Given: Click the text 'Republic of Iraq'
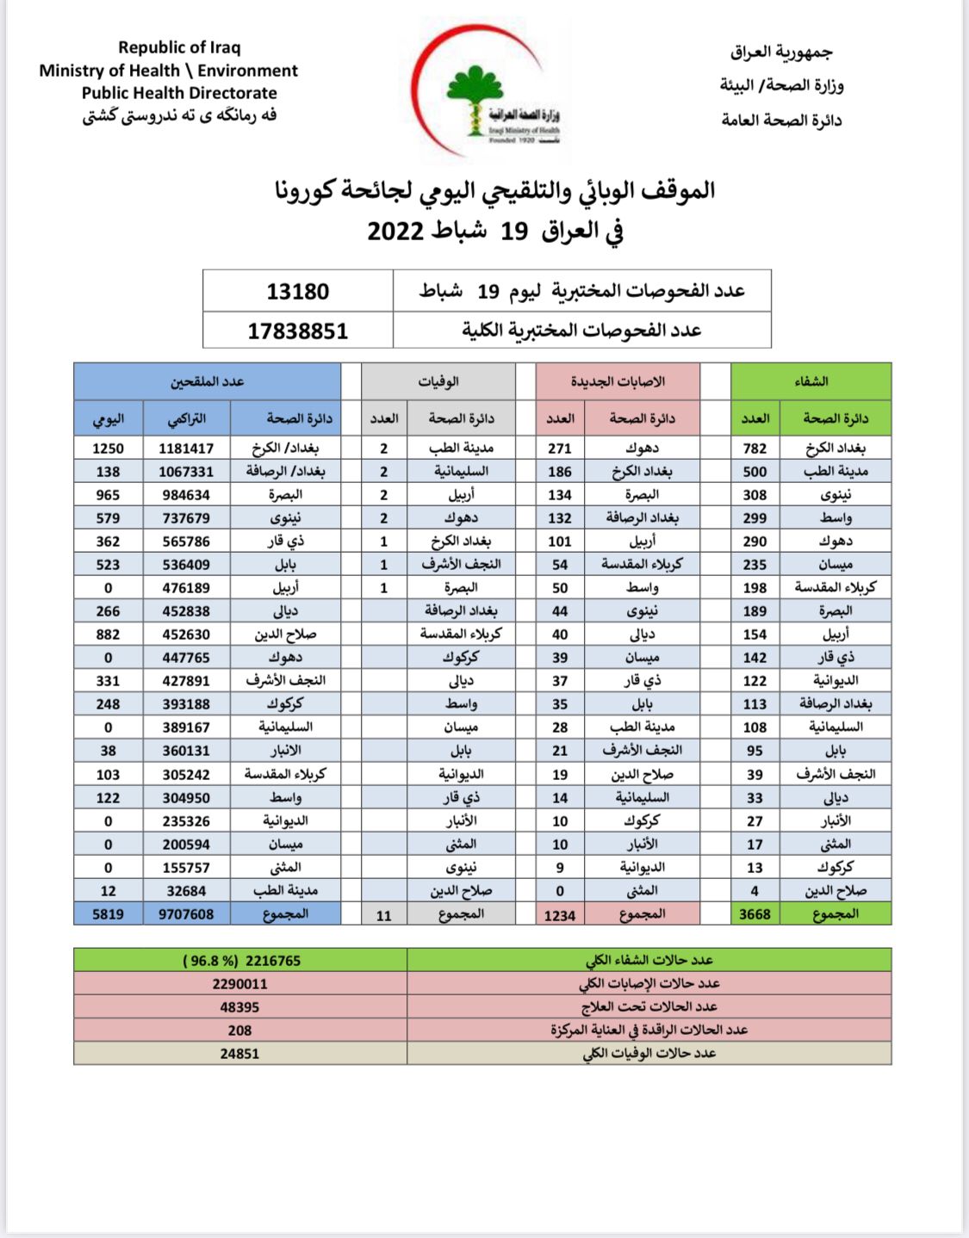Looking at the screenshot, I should [179, 47].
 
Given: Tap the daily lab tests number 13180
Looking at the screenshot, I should [297, 291].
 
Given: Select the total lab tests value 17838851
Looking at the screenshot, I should [297, 331].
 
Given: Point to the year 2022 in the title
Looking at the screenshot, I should [395, 231].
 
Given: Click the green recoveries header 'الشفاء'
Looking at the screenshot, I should [811, 381].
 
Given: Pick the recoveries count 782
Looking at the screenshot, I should [755, 448].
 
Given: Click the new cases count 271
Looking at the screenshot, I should [560, 448].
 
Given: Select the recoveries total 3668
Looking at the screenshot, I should [755, 913].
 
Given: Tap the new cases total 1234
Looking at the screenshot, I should [560, 915].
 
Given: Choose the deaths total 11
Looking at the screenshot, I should [384, 915].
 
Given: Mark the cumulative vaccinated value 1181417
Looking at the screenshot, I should [186, 448].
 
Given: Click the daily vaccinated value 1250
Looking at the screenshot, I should [108, 448].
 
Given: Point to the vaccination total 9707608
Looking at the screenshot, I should [186, 913].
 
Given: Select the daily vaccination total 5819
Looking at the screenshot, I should [108, 913].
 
